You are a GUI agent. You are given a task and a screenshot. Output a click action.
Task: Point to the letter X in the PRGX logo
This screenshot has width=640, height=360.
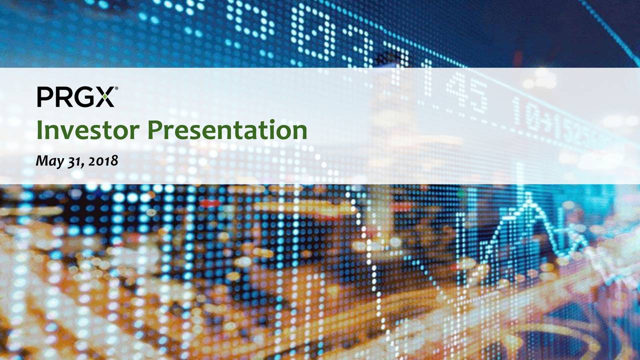coord(105,97)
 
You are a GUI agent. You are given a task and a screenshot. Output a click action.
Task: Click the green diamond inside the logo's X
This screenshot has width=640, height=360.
coord(105,97)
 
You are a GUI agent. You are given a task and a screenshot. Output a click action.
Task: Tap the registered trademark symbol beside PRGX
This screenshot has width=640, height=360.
coord(116,88)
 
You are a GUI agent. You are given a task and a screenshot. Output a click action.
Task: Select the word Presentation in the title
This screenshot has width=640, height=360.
coord(227,130)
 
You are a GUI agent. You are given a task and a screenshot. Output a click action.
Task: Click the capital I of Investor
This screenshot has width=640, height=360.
coord(39,130)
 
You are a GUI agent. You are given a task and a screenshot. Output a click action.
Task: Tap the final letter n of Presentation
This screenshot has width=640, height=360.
coord(299,132)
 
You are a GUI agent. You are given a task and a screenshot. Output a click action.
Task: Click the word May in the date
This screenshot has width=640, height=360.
coord(50,161)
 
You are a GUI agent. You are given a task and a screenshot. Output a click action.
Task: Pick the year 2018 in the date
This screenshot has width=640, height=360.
coord(103,161)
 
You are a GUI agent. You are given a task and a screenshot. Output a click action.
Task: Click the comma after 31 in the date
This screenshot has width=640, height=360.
coord(82,166)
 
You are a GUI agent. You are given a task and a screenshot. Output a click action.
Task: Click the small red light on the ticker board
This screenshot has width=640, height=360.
coord(210,203)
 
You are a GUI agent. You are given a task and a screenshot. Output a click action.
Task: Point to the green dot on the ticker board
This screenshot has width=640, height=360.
coord(460,194)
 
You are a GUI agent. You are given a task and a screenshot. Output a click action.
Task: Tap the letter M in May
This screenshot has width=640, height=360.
coord(43,160)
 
